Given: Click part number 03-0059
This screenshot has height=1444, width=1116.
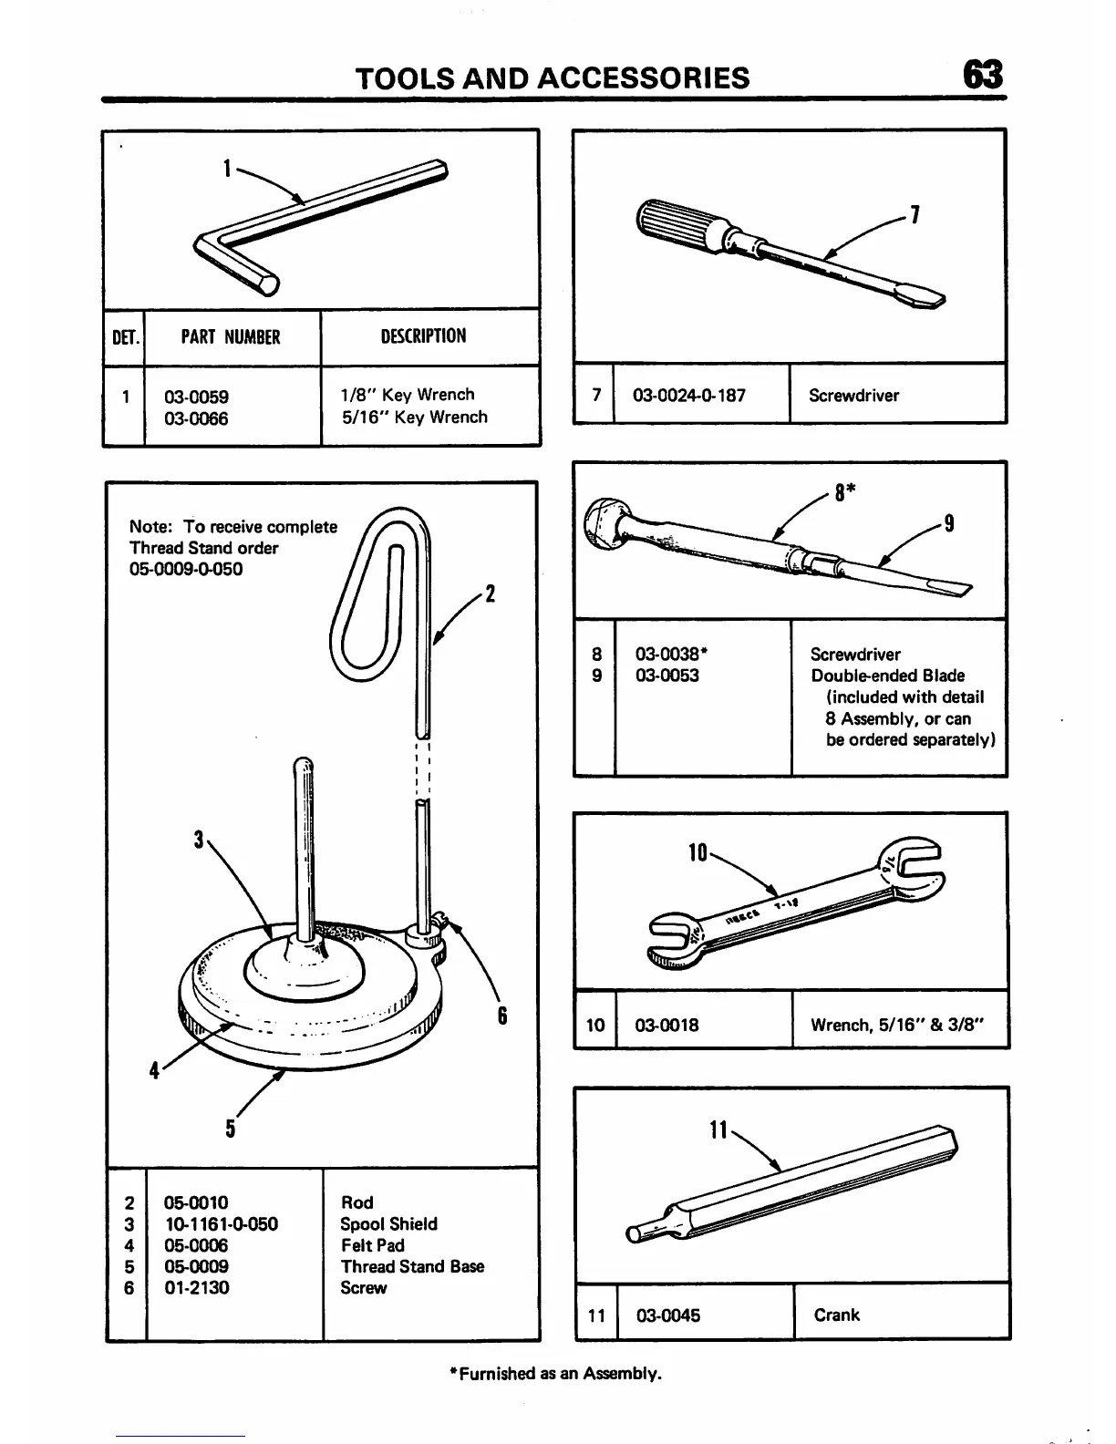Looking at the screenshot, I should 196,397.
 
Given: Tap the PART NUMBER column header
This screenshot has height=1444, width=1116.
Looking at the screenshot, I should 231,337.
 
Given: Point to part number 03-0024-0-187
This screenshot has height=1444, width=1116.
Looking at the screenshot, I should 688,396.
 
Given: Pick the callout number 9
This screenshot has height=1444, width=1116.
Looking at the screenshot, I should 949,523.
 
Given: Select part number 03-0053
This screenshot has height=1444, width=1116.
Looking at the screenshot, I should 666,676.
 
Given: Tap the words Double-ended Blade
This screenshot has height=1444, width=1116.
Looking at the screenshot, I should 887,676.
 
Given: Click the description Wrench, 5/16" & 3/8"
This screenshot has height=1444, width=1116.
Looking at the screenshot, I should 897,1025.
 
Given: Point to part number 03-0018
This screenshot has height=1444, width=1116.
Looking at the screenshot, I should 666,1025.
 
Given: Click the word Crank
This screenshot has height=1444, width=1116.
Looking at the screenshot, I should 837,1315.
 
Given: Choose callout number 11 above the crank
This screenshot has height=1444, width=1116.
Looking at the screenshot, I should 718,1130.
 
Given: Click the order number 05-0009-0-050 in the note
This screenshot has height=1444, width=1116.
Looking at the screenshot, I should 186,570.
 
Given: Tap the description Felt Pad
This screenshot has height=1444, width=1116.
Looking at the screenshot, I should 372,1245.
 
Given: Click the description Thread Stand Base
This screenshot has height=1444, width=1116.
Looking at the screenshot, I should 412,1266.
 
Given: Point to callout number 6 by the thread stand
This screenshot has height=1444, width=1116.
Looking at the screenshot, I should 501,1016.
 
